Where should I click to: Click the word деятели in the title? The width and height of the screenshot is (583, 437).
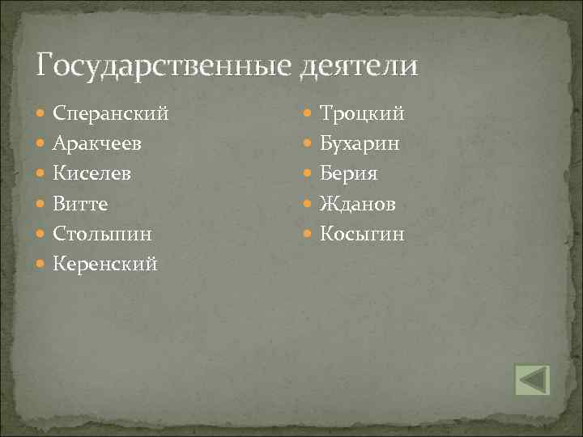pyautogui.click(x=359, y=65)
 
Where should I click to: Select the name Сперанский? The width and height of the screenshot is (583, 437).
pyautogui.click(x=111, y=114)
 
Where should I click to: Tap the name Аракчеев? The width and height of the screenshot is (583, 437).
pyautogui.click(x=99, y=144)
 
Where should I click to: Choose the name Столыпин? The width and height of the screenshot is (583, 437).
pyautogui.click(x=103, y=234)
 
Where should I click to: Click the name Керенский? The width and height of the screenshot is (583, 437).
pyautogui.click(x=105, y=264)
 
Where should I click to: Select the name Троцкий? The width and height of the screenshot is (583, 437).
pyautogui.click(x=362, y=114)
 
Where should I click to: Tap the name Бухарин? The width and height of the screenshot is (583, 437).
pyautogui.click(x=360, y=144)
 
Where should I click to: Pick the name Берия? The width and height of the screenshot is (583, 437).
pyautogui.click(x=349, y=174)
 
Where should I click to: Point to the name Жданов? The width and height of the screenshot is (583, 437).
pyautogui.click(x=358, y=204)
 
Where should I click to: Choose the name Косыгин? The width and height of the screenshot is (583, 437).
pyautogui.click(x=362, y=234)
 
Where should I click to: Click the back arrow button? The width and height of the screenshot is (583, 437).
pyautogui.click(x=532, y=380)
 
